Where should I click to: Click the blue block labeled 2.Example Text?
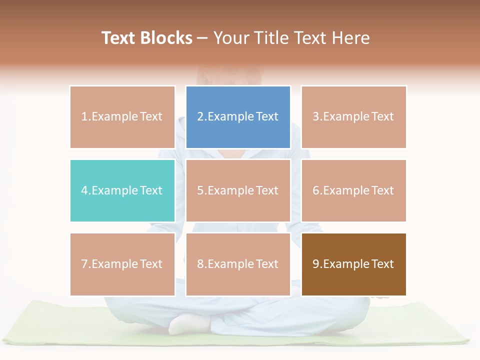[238, 117]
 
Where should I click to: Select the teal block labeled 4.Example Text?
[122, 190]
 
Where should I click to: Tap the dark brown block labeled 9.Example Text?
[353, 264]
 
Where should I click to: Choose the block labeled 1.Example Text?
[122, 117]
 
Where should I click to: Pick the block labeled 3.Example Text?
[353, 117]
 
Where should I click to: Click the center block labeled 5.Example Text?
[238, 190]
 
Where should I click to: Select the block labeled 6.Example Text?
[353, 190]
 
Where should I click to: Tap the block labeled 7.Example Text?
[122, 264]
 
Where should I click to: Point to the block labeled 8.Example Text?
[238, 264]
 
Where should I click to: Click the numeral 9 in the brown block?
[316, 264]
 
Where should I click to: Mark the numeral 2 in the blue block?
[200, 117]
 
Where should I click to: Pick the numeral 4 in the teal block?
[84, 190]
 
